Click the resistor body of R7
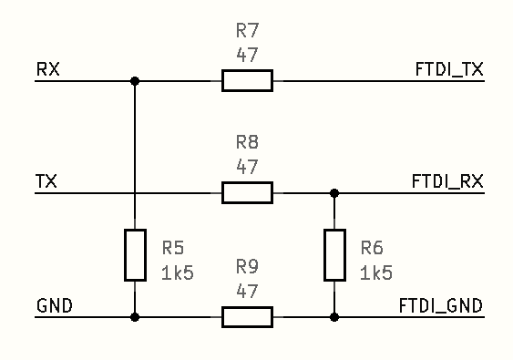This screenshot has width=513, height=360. [x=247, y=80]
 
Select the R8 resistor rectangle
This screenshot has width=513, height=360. [x=247, y=192]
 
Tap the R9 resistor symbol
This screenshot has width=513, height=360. [x=247, y=317]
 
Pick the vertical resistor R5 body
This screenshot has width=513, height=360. [x=135, y=255]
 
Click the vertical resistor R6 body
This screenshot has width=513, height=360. [x=334, y=255]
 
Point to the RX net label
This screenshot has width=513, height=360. [x=48, y=70]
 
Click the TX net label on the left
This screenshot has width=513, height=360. [x=46, y=182]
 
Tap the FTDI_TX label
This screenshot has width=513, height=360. [x=448, y=70]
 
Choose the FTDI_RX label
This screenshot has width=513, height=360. [x=448, y=182]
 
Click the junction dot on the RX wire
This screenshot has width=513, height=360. [x=135, y=80]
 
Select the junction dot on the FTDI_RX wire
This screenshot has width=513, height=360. [x=334, y=192]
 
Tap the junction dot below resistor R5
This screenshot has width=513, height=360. [x=135, y=317]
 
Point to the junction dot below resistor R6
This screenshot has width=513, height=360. [x=334, y=317]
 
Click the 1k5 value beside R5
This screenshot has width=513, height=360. [x=178, y=273]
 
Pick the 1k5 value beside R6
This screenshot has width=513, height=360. [x=377, y=273]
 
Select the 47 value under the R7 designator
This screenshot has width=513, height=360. [x=247, y=55]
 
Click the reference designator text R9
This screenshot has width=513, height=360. [x=247, y=267]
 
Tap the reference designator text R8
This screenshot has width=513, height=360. [x=247, y=142]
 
